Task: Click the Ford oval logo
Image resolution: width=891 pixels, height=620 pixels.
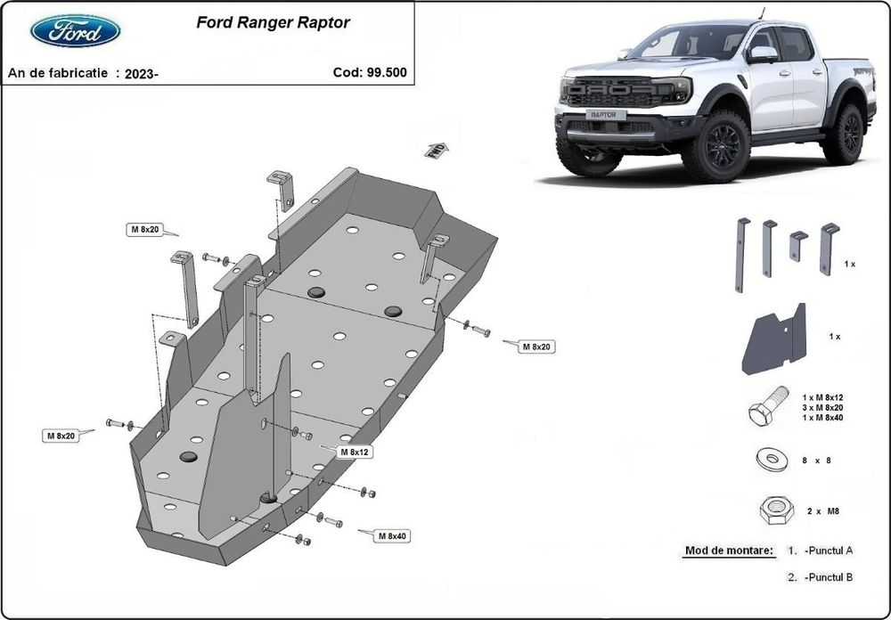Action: pos(76,31)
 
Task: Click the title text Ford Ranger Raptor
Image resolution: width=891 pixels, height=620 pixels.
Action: pos(273,23)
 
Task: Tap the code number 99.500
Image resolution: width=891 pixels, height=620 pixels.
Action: pos(387,73)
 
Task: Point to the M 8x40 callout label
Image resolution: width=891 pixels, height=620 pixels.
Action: pos(391,536)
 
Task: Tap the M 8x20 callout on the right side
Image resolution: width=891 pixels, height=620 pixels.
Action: pos(536,346)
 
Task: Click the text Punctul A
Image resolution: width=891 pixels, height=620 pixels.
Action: pos(828,551)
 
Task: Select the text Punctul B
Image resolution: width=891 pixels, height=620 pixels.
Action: pos(828,577)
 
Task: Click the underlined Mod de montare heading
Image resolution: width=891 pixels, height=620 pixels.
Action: pos(729,551)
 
